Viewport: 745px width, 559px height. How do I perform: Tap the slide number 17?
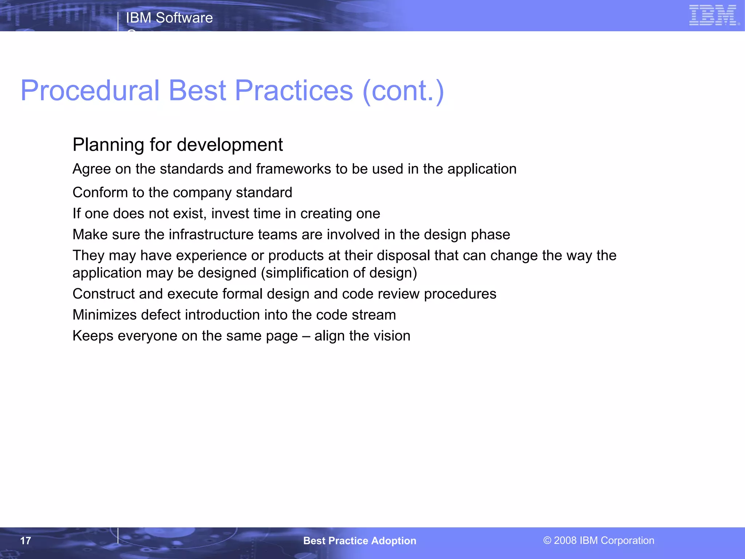click(25, 541)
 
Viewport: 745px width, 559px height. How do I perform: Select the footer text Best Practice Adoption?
click(359, 541)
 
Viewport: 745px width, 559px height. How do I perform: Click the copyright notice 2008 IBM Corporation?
click(599, 540)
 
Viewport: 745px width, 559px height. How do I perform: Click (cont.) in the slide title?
click(403, 91)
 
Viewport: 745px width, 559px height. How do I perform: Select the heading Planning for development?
click(178, 145)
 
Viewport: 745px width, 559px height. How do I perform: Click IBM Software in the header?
click(169, 18)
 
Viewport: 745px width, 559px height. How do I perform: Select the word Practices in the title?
click(294, 91)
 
